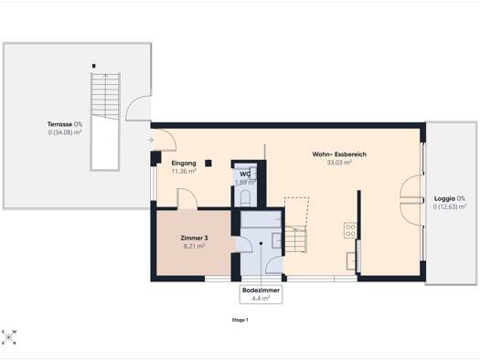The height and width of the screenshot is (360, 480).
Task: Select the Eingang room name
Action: click(184, 163)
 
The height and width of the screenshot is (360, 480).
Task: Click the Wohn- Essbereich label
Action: click(338, 154)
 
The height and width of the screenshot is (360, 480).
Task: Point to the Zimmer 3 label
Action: click(193, 238)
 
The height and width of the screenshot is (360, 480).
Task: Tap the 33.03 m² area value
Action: click(338, 164)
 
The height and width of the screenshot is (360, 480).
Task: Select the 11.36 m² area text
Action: click(184, 171)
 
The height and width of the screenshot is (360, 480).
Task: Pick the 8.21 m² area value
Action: click(193, 246)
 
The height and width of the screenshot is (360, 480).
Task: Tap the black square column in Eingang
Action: click(208, 164)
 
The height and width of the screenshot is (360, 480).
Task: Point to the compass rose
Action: click(10, 337)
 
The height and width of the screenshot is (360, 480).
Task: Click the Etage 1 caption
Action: click(240, 320)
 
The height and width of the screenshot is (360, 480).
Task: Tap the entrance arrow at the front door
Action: click(150, 140)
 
